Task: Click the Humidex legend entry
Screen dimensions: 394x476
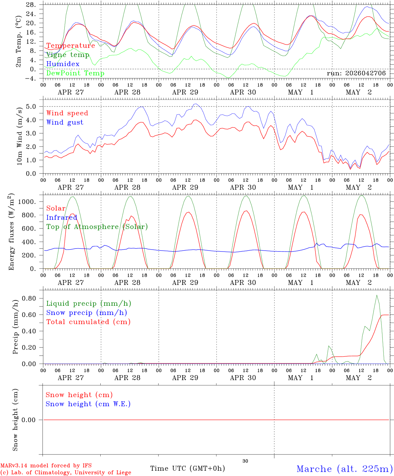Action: (x=63, y=64)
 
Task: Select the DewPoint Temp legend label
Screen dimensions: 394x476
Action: (x=75, y=73)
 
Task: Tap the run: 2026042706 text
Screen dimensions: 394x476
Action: (x=356, y=73)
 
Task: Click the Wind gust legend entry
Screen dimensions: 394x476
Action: (x=65, y=122)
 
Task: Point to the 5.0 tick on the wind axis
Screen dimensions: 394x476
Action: (x=31, y=106)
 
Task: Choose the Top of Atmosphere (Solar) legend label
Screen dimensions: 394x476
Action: (x=97, y=227)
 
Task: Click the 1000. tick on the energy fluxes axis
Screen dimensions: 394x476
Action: (x=27, y=202)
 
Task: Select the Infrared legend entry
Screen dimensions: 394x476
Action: (x=62, y=218)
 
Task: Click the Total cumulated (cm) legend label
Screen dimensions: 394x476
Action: (x=88, y=322)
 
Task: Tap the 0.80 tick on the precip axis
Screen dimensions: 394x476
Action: (x=29, y=298)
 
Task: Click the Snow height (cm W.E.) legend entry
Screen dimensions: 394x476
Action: (x=88, y=404)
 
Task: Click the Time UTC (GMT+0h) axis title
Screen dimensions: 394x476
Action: (x=187, y=468)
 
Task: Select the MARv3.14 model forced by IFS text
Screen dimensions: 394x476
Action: (x=46, y=465)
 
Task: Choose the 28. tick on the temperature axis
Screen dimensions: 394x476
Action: (x=31, y=5)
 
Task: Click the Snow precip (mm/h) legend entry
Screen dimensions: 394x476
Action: (x=86, y=313)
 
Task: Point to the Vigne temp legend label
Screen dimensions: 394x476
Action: (x=68, y=55)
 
